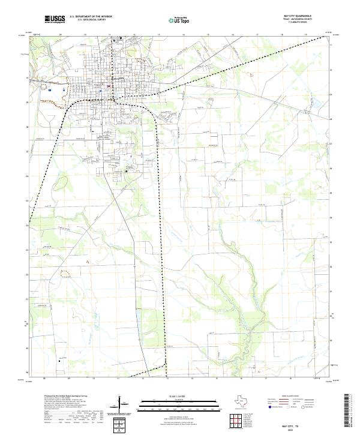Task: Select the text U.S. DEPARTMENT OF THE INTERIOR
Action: click(x=91, y=16)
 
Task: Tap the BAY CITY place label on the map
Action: click(x=117, y=79)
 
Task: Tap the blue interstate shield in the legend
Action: click(x=271, y=407)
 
